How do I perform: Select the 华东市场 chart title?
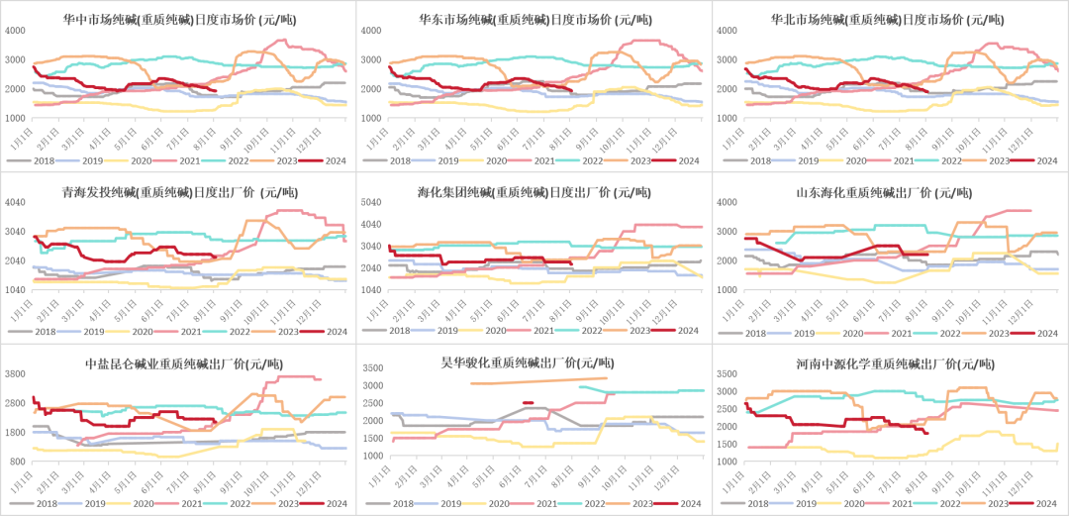(534, 19)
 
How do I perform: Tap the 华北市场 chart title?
(888, 19)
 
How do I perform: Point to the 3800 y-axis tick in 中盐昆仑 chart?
(16, 374)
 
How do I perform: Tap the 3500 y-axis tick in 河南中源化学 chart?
(725, 374)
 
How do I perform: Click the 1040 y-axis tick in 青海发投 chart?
(16, 290)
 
